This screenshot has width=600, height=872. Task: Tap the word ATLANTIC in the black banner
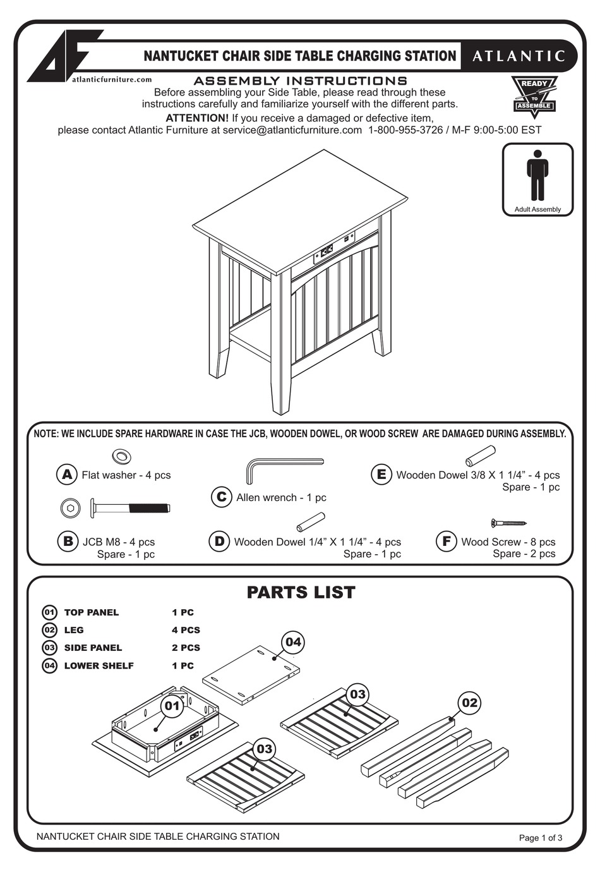click(519, 56)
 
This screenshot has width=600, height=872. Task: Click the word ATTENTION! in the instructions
click(196, 118)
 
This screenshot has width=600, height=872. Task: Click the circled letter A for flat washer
click(66, 475)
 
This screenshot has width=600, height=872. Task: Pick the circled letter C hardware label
click(221, 497)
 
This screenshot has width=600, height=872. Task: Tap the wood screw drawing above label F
click(508, 523)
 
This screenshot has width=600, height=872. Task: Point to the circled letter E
click(381, 475)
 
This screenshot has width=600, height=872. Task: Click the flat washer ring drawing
click(121, 456)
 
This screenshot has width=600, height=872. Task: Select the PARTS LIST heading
click(301, 592)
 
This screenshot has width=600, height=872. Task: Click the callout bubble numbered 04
click(293, 643)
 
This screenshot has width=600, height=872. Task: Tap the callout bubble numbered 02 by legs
click(469, 703)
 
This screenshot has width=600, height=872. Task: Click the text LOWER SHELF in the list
click(99, 665)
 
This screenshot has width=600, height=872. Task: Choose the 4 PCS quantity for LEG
click(186, 630)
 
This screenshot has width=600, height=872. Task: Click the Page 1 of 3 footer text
click(540, 838)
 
